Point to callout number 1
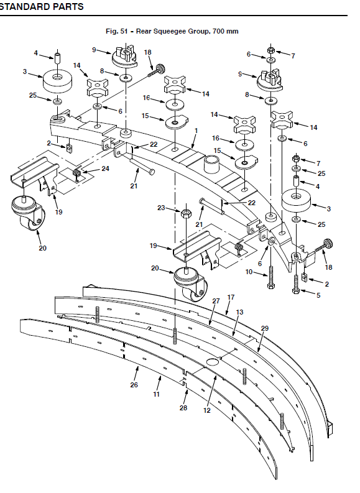click(196, 130)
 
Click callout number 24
click(105, 168)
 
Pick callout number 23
click(161, 208)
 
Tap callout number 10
click(249, 271)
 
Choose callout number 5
click(318, 295)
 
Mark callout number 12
click(206, 410)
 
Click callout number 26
click(134, 385)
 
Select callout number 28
click(183, 408)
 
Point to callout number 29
click(265, 328)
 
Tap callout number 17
click(231, 297)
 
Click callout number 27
click(216, 301)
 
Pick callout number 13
click(239, 312)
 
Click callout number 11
click(157, 394)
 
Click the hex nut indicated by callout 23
click(186, 214)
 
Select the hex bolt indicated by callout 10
click(271, 278)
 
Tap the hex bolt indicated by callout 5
click(295, 284)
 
